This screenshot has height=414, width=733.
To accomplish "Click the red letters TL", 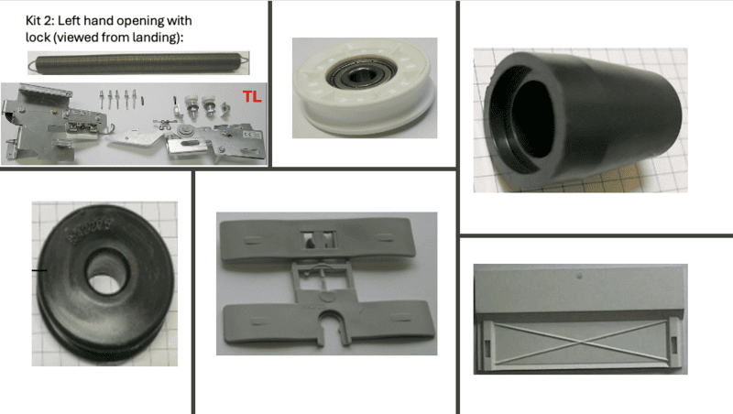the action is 251,97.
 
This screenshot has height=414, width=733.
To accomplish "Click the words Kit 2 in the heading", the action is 38,20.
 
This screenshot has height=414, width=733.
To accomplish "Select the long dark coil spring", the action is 138,63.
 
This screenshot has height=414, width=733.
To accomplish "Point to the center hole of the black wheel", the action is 107,271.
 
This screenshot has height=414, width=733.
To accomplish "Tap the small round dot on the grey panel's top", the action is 580,277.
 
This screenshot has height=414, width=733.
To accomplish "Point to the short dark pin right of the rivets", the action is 143,101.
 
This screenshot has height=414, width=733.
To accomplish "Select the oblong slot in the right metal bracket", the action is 188,144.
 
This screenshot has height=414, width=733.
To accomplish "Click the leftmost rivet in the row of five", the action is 102,100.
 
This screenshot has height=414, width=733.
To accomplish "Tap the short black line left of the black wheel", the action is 39,270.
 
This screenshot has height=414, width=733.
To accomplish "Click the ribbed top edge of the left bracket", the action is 45,89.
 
